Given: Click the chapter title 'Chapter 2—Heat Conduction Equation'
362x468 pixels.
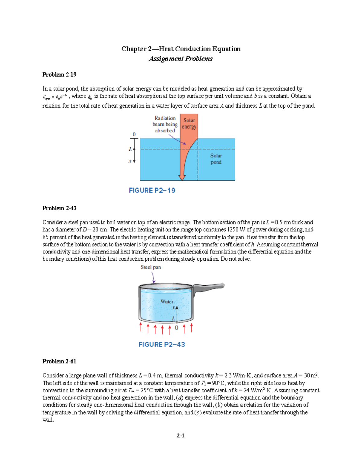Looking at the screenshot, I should [181, 49].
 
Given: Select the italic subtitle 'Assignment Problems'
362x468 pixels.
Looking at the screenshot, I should [181, 59].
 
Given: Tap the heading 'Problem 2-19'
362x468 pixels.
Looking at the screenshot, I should [59, 75].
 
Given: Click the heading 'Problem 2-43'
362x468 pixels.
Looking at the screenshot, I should [59, 208].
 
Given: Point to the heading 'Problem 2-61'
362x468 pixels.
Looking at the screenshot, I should [59, 361].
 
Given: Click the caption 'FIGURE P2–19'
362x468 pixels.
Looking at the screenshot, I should [152, 190].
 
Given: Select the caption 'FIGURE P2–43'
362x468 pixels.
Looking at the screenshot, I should [162, 344].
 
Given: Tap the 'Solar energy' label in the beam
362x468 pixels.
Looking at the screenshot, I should [189, 124].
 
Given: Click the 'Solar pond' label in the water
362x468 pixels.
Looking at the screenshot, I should [216, 159].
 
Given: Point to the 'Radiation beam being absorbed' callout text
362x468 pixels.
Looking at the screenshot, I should [165, 124].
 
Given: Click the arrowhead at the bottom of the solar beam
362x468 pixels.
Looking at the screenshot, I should [182, 177].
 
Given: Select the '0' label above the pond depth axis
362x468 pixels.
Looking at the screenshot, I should [134, 134].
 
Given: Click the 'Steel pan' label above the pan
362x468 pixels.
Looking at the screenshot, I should [151, 267].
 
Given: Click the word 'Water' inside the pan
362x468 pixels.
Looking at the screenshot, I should [167, 301].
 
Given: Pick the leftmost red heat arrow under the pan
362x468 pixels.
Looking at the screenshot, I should [141, 327].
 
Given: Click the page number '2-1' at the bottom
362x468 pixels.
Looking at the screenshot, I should [181, 435].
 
